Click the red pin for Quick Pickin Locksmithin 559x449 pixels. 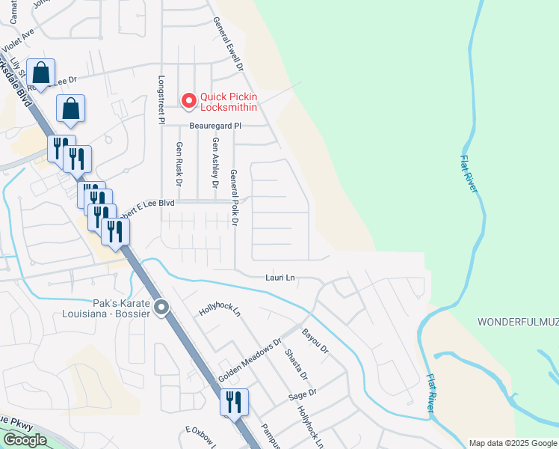point(189,99)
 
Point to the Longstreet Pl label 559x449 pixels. point(161,99)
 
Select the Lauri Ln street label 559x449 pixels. point(280,278)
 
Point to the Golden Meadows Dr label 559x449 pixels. point(250,361)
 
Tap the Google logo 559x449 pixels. point(25,440)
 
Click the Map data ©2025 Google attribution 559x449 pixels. point(512,443)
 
